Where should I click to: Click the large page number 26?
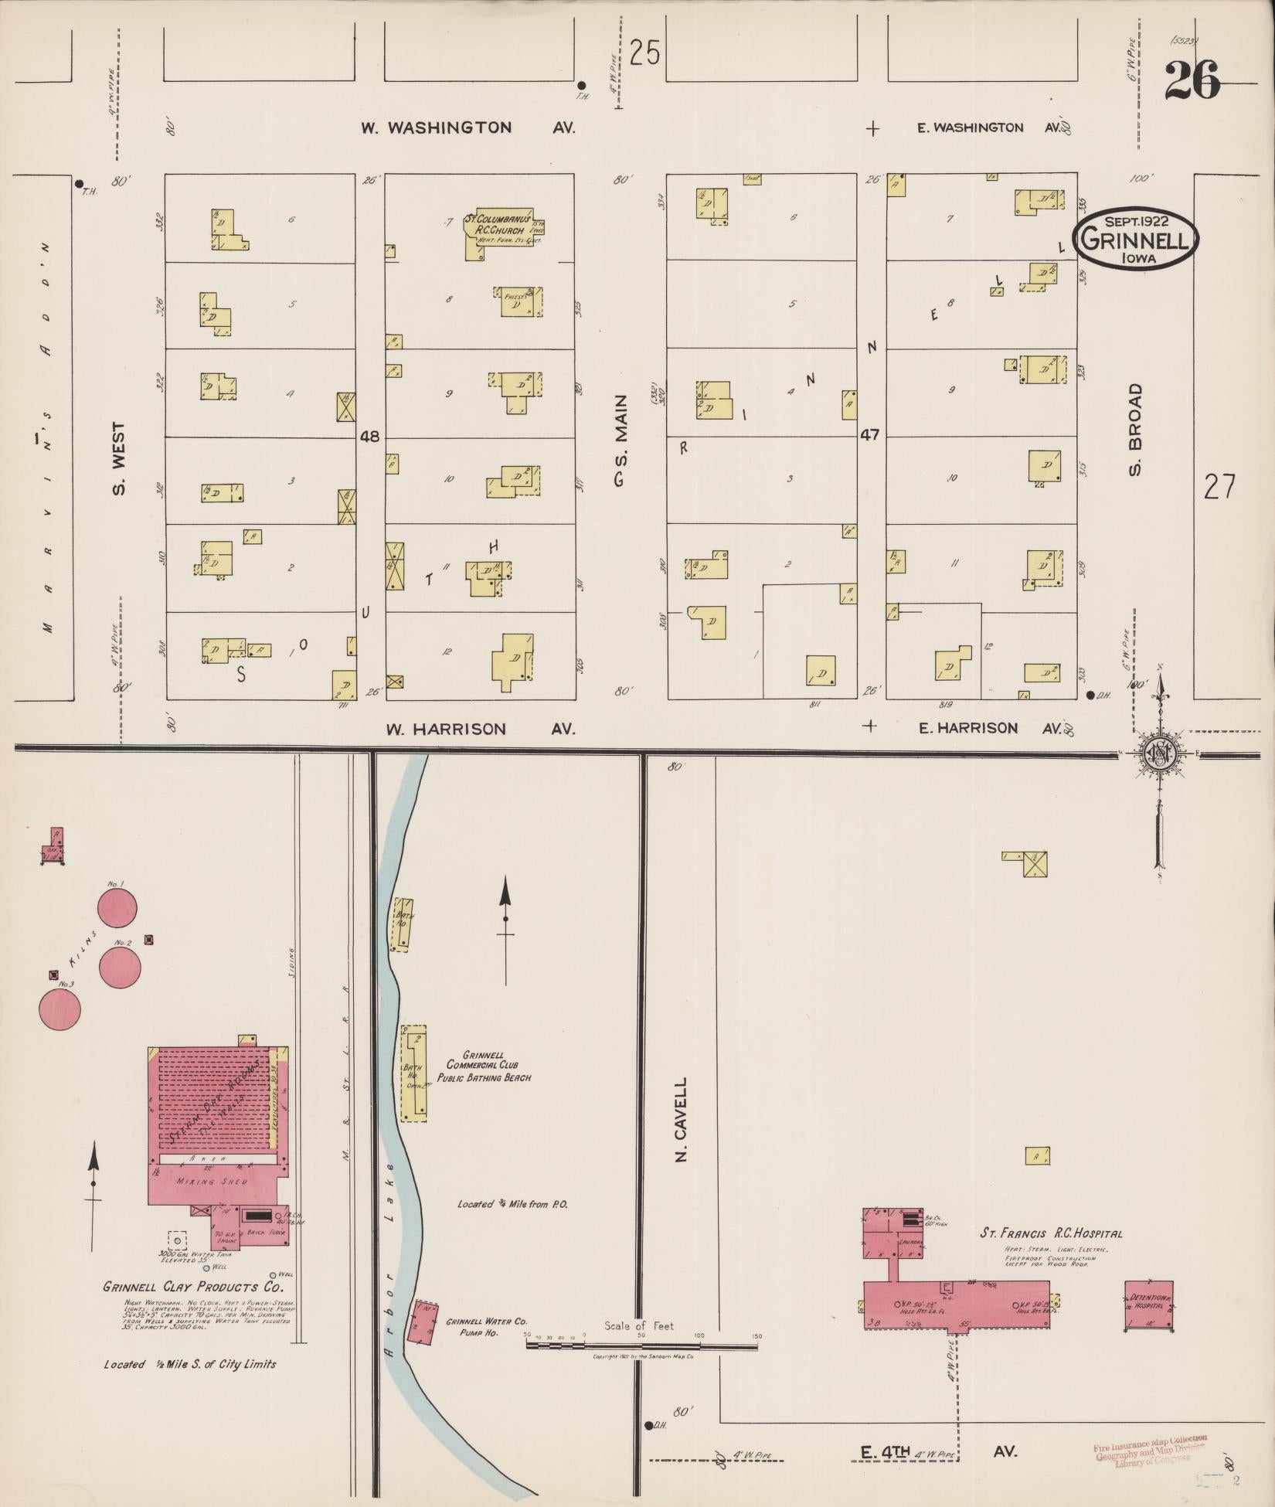click(1192, 80)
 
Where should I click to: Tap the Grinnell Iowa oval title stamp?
click(1134, 240)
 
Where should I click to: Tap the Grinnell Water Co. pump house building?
click(425, 1322)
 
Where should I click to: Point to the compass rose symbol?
click(1159, 755)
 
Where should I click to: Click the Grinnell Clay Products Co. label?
click(193, 1288)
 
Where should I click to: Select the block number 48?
click(369, 437)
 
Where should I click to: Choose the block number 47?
click(870, 436)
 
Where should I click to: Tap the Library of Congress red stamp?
click(1150, 1451)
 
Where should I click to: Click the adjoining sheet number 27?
click(1219, 487)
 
